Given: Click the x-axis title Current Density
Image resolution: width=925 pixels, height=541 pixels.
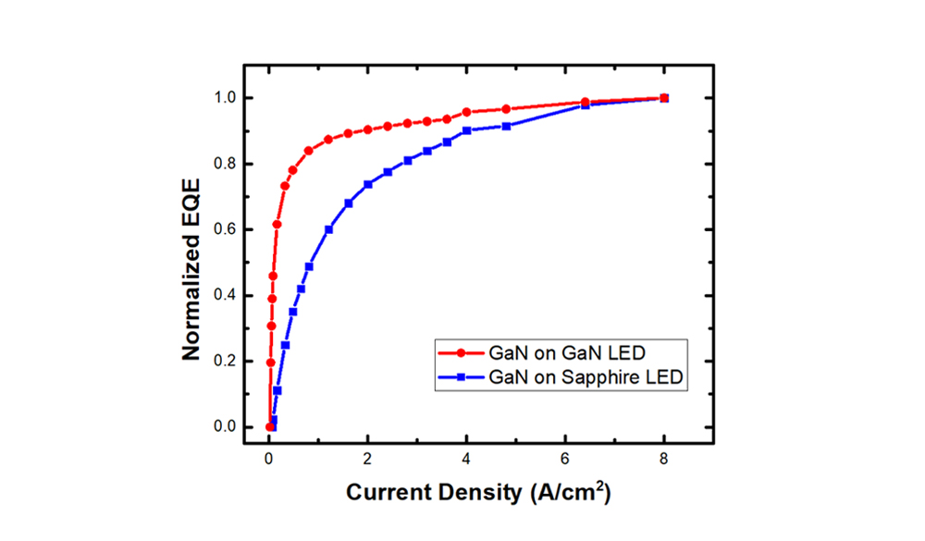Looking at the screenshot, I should (x=478, y=492).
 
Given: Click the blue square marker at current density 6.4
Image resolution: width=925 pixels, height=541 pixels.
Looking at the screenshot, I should (x=585, y=105).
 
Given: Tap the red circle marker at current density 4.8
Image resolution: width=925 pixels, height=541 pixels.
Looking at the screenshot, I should (x=506, y=109).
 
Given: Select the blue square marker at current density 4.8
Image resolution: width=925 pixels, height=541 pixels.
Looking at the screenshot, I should (x=506, y=126).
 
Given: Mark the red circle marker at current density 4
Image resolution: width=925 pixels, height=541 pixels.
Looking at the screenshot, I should (x=466, y=112).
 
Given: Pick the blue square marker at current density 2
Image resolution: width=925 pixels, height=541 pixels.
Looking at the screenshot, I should (x=368, y=184).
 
